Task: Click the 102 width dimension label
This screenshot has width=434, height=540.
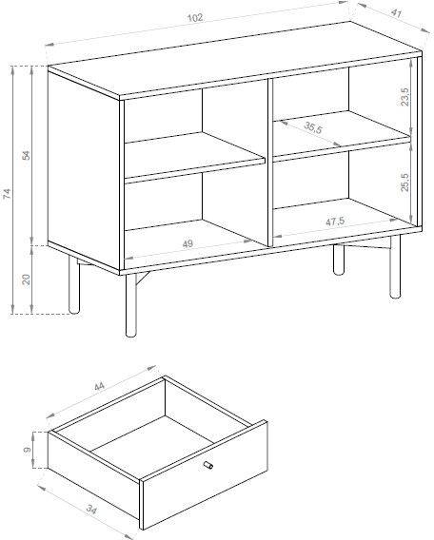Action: [x=195, y=17]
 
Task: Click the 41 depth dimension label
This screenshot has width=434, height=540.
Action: [x=396, y=13]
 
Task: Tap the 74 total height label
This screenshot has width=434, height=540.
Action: [x=7, y=194]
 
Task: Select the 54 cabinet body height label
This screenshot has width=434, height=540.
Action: [x=27, y=155]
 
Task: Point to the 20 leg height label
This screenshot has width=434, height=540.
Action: [x=27, y=279]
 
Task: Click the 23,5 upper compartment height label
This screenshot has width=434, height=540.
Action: [x=404, y=96]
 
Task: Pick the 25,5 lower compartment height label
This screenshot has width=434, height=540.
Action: [x=404, y=182]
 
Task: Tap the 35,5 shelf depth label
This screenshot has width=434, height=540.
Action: [x=313, y=127]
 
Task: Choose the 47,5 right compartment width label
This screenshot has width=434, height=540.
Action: [x=335, y=222]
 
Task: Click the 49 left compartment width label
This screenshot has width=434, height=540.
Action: [x=187, y=243]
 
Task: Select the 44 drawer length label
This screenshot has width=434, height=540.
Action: [x=99, y=386]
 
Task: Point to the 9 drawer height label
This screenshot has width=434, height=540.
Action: [x=27, y=450]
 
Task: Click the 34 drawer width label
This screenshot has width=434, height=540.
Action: [x=91, y=509]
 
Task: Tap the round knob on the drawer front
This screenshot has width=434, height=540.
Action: [x=208, y=465]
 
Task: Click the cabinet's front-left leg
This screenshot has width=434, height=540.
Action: [x=130, y=305]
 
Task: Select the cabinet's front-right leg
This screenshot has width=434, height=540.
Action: [x=395, y=266]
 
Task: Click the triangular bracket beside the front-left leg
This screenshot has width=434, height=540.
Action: [x=143, y=279]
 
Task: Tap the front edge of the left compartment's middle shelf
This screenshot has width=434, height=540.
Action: [x=195, y=170]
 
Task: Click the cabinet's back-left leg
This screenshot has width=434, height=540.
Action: [x=74, y=285]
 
